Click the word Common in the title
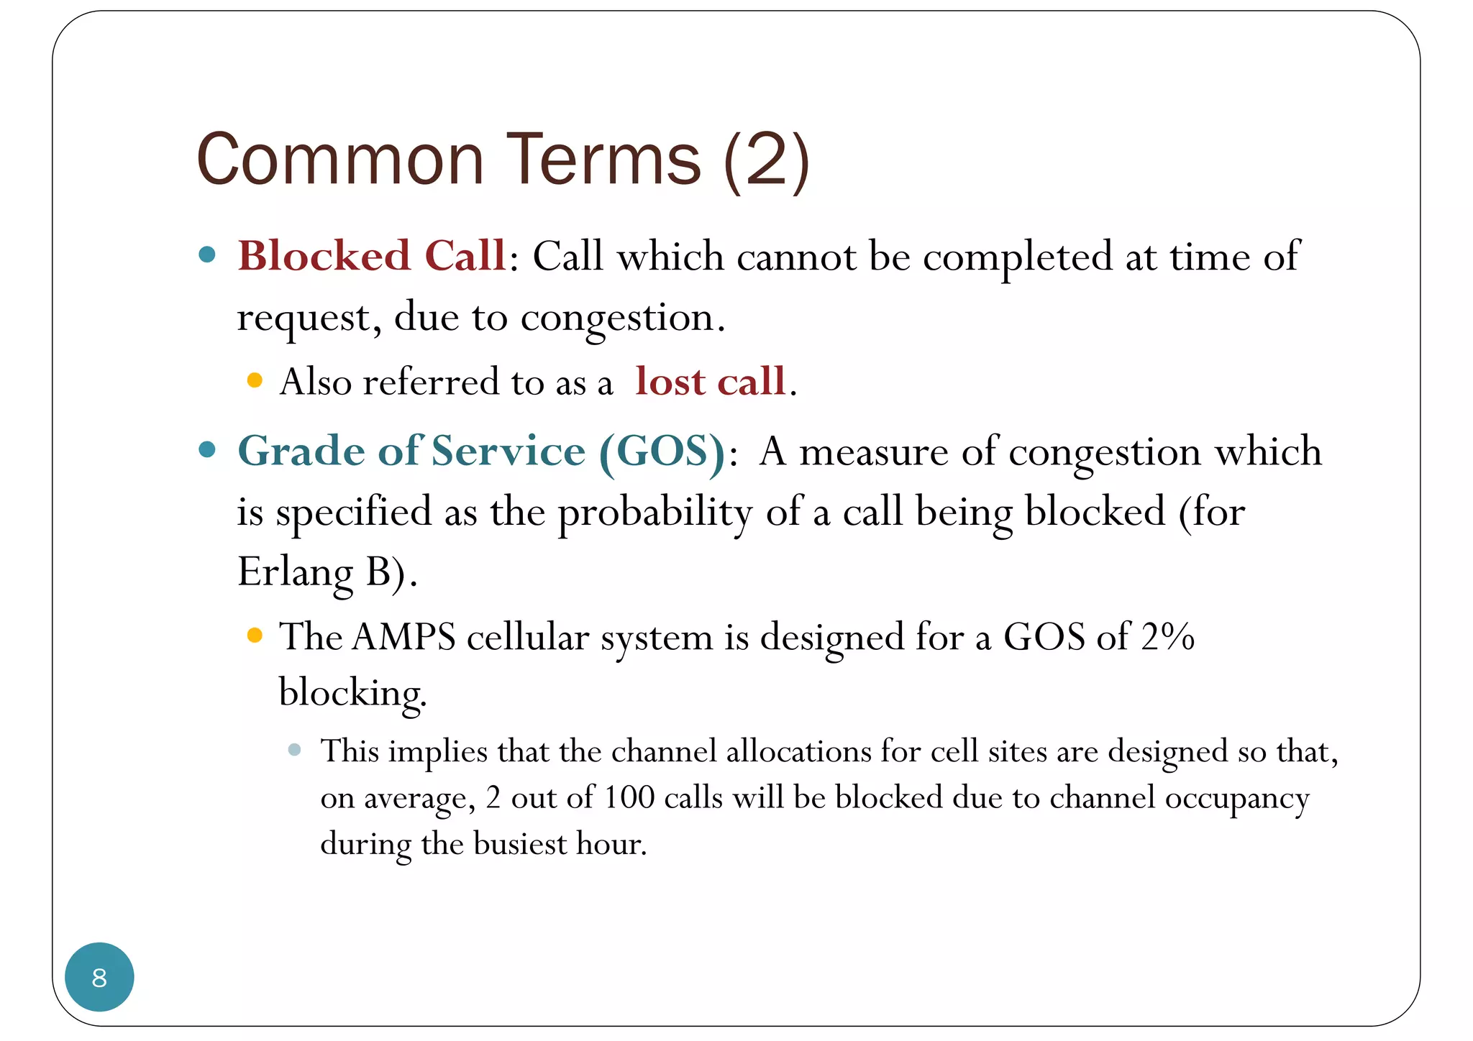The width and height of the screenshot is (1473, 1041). click(x=339, y=160)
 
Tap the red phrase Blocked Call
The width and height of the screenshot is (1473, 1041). click(x=372, y=256)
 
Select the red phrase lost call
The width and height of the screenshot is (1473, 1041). click(x=710, y=381)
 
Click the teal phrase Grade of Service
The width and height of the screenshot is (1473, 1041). click(x=411, y=451)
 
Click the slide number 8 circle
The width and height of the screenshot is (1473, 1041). click(x=99, y=977)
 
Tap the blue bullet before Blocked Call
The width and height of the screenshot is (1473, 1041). click(x=207, y=254)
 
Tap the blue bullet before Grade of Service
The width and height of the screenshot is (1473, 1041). click(x=207, y=450)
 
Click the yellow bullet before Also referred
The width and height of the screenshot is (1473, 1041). click(x=254, y=380)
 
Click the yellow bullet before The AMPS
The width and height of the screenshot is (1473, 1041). click(x=254, y=635)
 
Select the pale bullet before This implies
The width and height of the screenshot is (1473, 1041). click(x=294, y=750)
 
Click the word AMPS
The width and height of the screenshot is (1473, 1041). click(x=404, y=637)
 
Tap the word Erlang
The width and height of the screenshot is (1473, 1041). click(x=295, y=574)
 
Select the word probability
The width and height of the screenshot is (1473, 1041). click(x=655, y=513)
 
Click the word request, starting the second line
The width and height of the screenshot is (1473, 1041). click(x=309, y=318)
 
